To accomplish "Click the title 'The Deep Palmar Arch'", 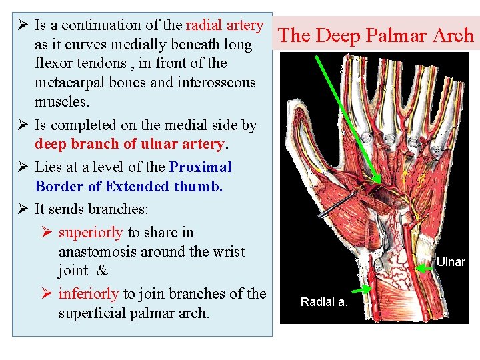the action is tap(375, 35).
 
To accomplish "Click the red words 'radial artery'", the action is tap(225, 25).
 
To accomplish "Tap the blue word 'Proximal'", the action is tap(200, 167).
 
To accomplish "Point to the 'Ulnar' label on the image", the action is tap(451, 262).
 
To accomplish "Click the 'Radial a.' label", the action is tap(324, 302).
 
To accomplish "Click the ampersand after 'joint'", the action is tap(102, 271).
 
